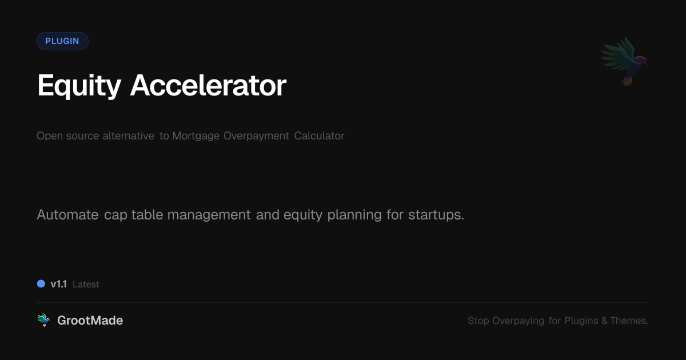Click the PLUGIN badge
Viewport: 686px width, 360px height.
[62, 41]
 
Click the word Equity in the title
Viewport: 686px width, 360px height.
[79, 86]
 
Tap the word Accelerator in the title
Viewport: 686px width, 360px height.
[208, 86]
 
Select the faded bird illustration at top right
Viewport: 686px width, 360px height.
[624, 61]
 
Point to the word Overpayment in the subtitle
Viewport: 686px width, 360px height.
[256, 136]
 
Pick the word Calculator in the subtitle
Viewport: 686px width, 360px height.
[319, 136]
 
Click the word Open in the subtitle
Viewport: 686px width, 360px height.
[48, 136]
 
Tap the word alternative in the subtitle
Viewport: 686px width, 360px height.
[128, 136]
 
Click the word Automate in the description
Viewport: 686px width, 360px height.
[67, 215]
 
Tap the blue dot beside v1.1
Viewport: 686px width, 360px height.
[41, 283]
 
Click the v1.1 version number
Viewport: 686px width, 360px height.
[58, 284]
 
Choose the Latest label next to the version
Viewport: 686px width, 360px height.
[86, 285]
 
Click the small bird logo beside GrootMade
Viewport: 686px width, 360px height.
[43, 320]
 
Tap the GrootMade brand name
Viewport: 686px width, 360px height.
[90, 321]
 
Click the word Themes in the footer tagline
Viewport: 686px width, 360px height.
[629, 321]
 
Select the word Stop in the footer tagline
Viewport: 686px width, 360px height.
[478, 321]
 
